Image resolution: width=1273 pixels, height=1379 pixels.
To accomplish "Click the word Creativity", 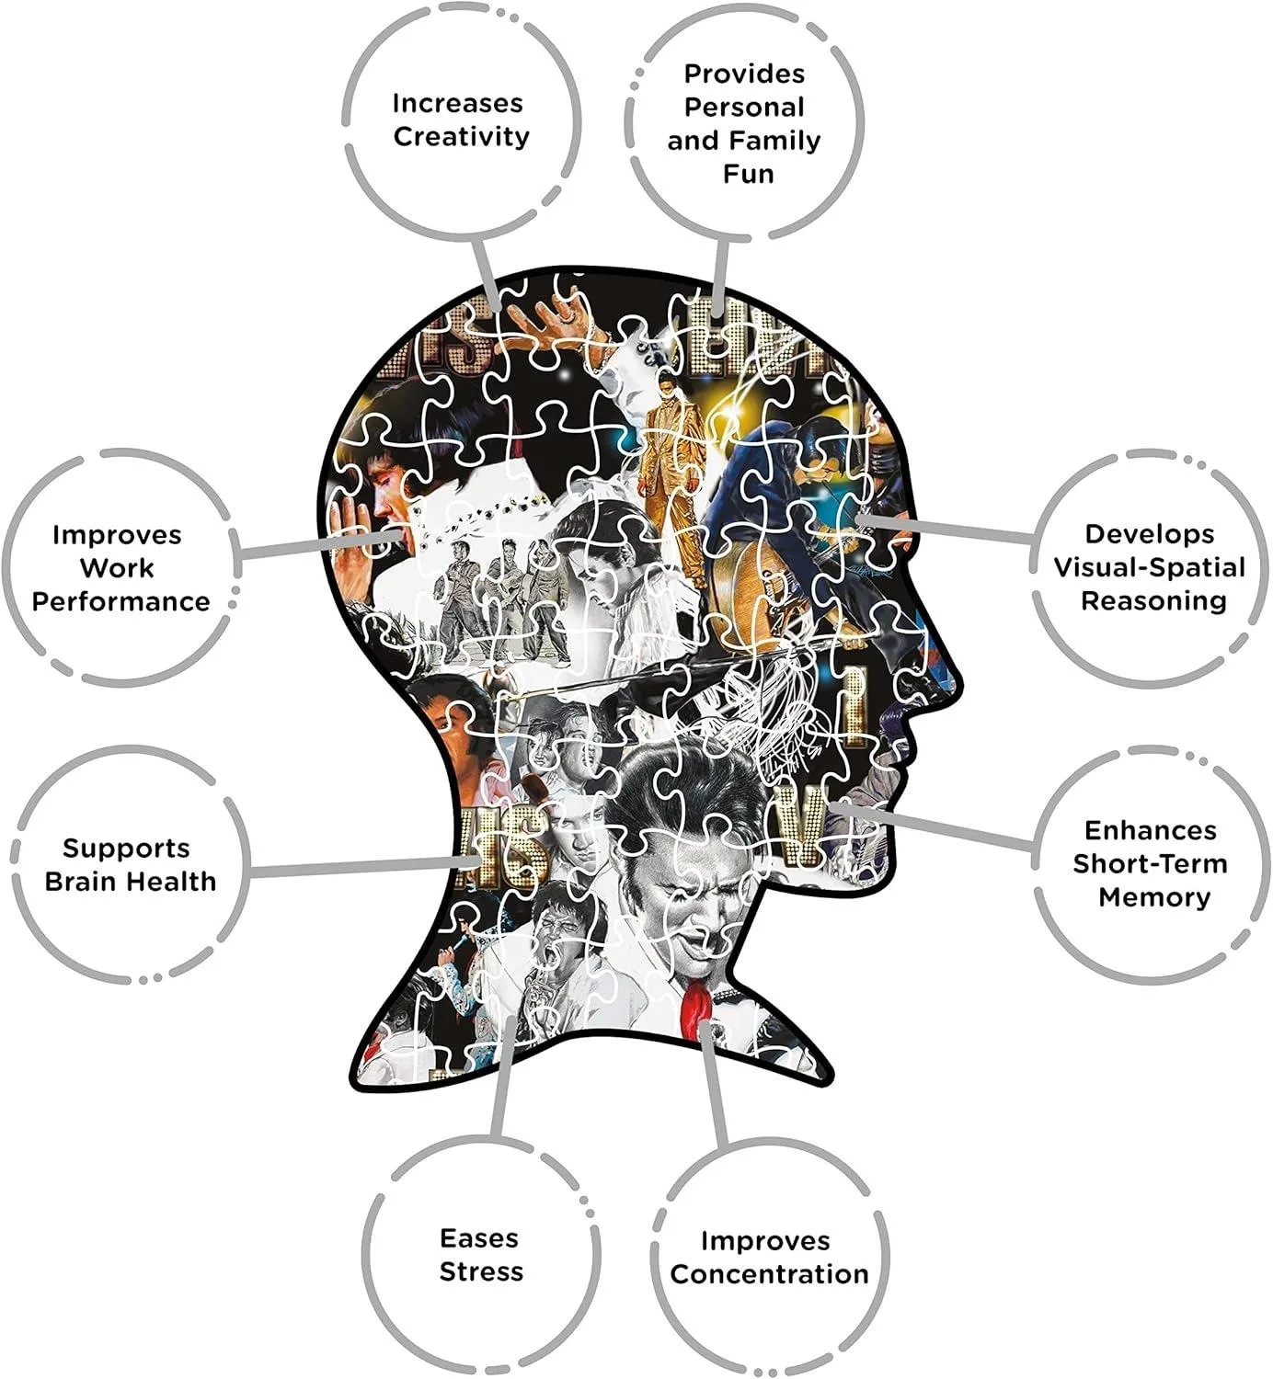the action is pos(462,137).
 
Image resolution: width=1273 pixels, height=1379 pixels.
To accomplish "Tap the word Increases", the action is pos(457,104).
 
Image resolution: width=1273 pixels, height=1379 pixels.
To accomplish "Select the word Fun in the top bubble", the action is pos(749,174).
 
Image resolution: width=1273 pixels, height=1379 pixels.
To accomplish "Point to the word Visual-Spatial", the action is pos(1150,567).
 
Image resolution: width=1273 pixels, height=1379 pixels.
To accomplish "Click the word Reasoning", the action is pos(1153,601).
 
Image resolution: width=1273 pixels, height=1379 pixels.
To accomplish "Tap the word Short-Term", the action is pos(1150,864).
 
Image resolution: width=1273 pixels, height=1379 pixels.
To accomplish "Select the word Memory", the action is pos(1154,898).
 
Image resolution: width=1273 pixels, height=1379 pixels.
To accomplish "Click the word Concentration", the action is pos(769,1274).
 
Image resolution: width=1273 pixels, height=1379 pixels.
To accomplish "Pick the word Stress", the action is pos(481,1272).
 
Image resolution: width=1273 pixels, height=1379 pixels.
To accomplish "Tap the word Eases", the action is pos(479,1238).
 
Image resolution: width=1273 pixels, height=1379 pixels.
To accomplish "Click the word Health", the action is pos(173,882).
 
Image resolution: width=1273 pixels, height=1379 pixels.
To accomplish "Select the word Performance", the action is pos(120,602).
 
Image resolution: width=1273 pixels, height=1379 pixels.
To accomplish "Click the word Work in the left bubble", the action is pos(117,568).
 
